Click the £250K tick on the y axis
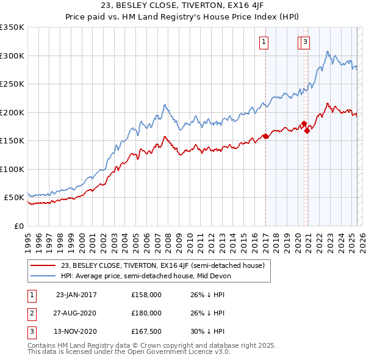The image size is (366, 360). point(12,84)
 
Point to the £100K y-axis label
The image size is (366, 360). point(12,169)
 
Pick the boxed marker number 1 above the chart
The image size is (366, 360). point(264,42)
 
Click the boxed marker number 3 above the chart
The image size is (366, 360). point(304,42)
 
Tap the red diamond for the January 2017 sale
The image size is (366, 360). point(266,137)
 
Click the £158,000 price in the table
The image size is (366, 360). point(146,295)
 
